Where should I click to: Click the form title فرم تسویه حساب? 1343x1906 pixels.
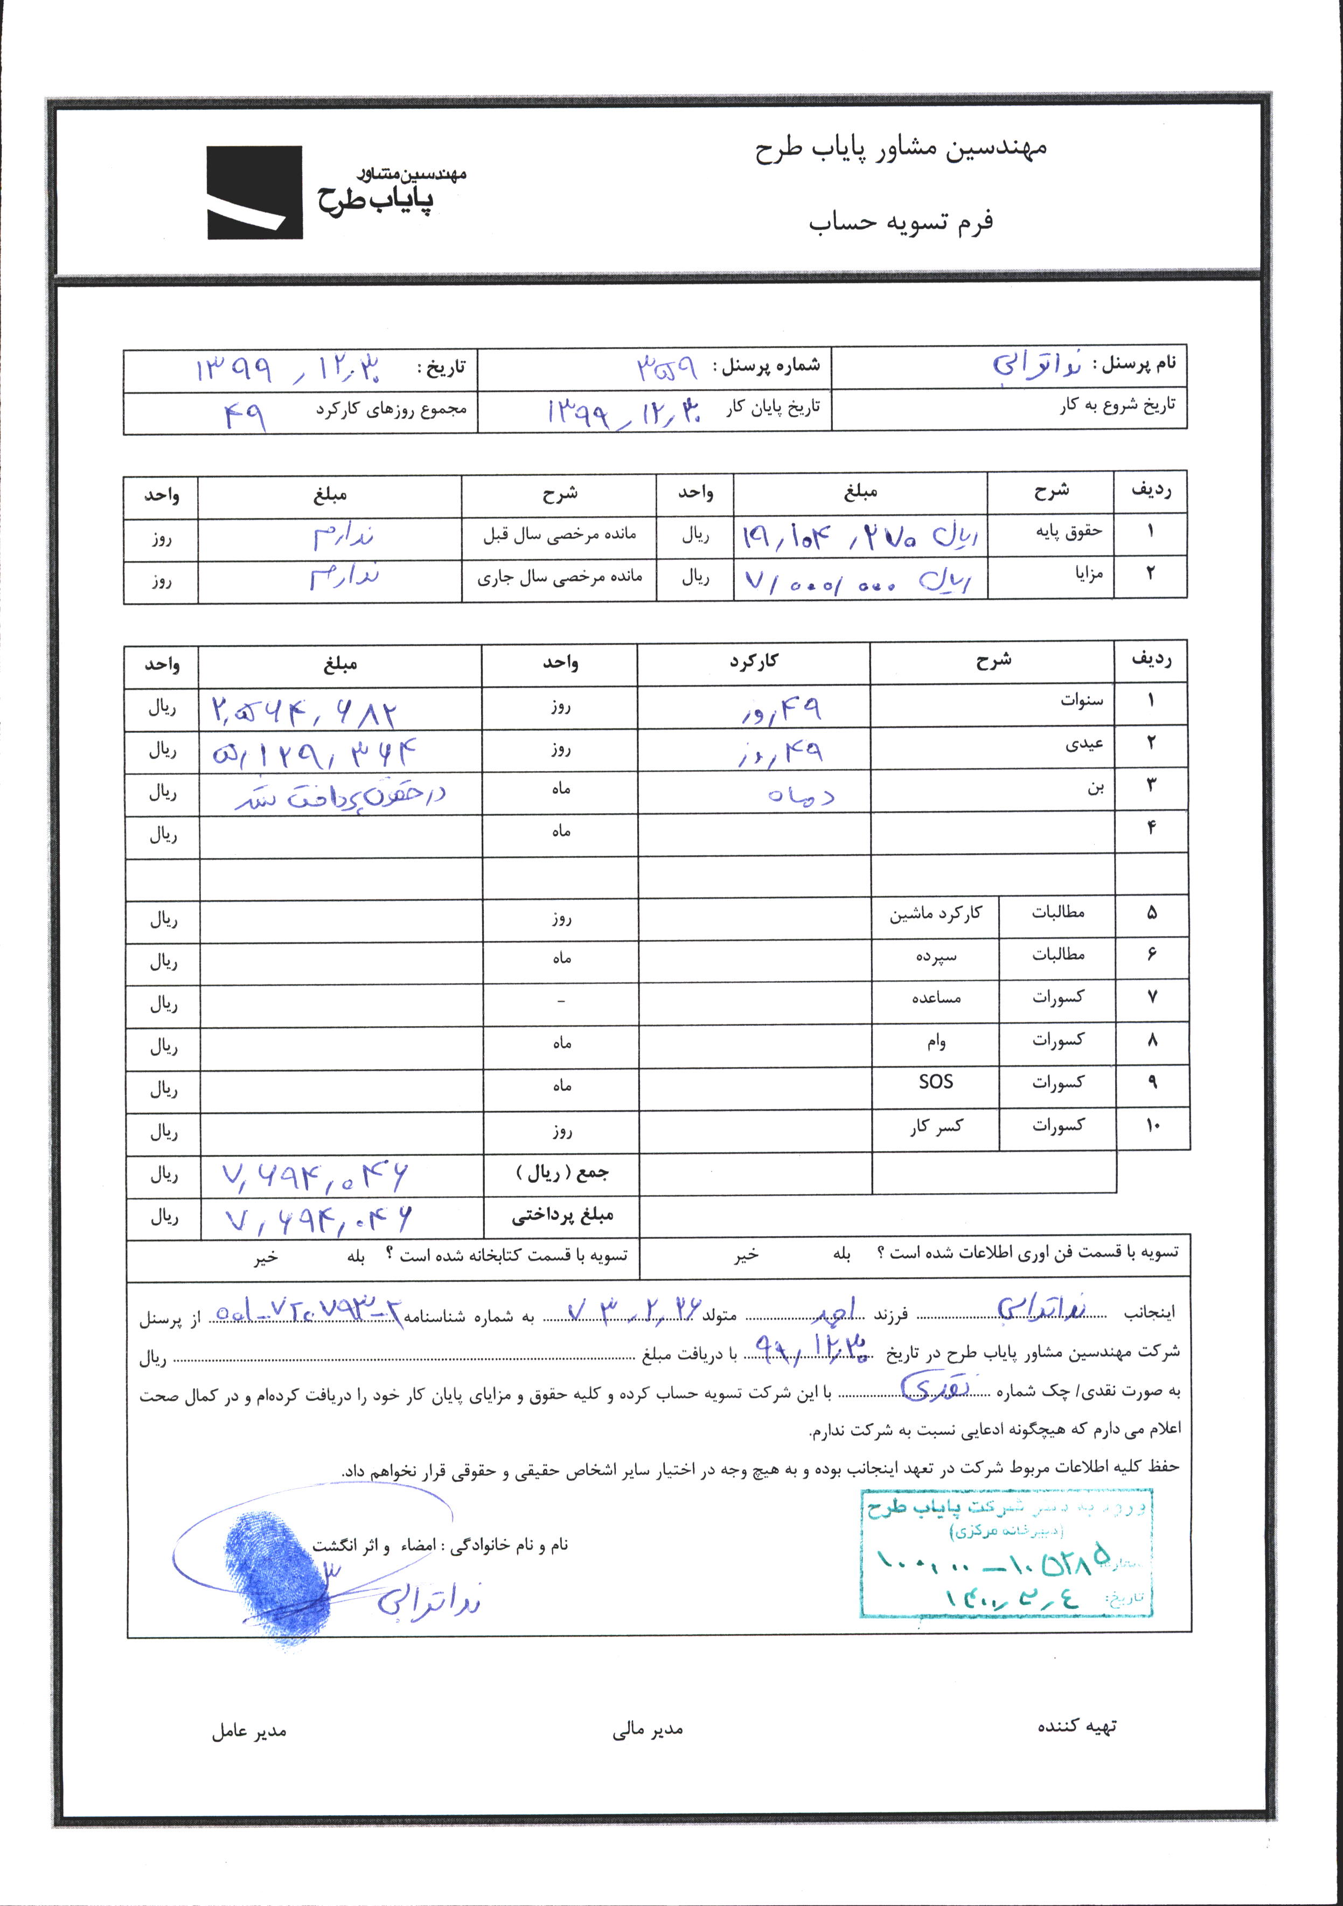901,221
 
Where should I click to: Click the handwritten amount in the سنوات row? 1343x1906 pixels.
304,711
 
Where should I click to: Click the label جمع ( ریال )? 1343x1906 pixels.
562,1173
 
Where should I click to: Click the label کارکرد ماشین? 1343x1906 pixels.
935,913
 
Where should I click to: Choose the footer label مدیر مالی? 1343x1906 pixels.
648,1729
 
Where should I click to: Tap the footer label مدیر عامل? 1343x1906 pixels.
248,1731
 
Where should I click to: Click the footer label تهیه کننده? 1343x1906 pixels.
1076,1726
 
